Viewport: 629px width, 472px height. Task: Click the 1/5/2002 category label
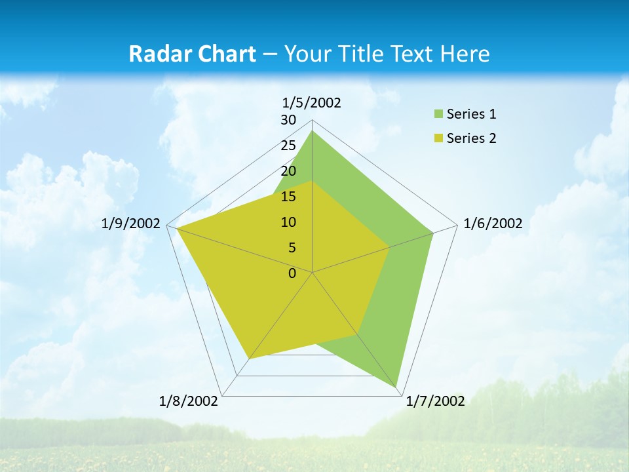311,102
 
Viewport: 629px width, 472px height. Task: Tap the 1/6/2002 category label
493,224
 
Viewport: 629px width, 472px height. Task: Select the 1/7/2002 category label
435,401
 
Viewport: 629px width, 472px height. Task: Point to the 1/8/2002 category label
189,401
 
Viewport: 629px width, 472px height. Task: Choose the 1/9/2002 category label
131,224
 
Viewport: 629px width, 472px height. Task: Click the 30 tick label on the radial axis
288,120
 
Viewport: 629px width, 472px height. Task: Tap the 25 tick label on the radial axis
288,146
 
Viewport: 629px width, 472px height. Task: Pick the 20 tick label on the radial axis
288,171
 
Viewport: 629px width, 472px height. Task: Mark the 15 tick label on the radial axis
288,197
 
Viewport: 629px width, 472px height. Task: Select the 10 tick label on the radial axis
288,222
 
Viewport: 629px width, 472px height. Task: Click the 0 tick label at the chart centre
292,273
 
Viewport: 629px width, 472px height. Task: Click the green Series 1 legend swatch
438,114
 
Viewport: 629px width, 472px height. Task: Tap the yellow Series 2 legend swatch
438,138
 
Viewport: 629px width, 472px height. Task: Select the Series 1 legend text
471,114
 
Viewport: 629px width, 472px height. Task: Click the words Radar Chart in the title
192,54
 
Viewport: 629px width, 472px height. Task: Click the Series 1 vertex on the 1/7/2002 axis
397,386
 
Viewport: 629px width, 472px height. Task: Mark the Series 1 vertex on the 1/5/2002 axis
312,131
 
